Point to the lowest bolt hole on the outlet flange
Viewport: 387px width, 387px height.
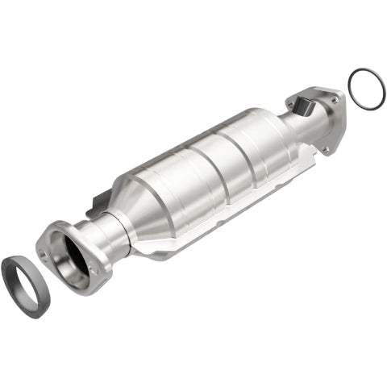pyautogui.click(x=326, y=149)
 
